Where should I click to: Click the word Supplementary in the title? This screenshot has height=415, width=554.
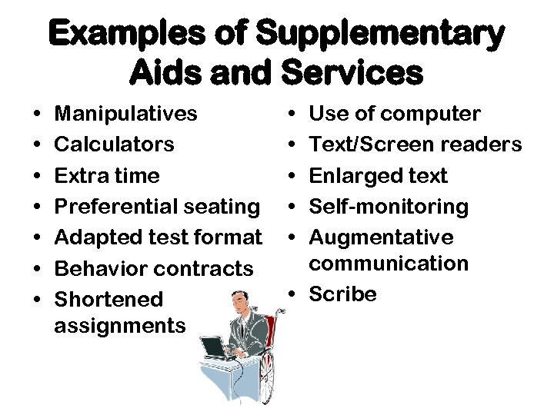(380, 35)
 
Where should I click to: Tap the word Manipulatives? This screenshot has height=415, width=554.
(126, 114)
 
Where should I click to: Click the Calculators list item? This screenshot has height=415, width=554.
(115, 144)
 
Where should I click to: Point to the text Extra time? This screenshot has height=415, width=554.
(107, 175)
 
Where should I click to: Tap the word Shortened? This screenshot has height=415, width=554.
(109, 300)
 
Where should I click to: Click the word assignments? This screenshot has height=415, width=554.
(120, 326)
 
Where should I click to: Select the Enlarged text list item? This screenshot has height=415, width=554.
(378, 175)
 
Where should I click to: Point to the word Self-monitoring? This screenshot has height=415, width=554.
(389, 207)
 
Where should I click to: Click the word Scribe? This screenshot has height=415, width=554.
(342, 294)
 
